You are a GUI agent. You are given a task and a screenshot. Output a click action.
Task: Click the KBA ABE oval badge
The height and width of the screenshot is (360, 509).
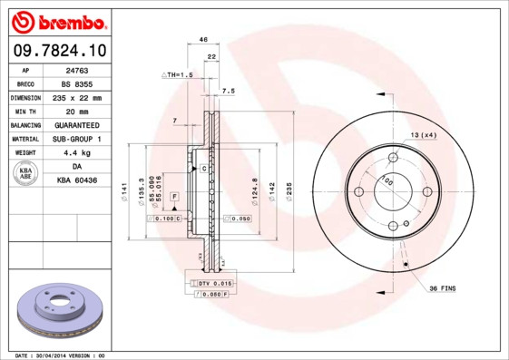point(27,174)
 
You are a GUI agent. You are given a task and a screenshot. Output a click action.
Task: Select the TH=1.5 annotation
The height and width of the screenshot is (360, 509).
point(179,74)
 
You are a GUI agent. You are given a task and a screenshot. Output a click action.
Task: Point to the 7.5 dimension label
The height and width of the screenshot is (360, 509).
point(229,92)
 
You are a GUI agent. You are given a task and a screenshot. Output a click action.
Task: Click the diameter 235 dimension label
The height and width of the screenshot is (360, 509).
point(289,190)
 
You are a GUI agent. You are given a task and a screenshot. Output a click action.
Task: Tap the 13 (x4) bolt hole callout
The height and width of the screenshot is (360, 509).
point(424,135)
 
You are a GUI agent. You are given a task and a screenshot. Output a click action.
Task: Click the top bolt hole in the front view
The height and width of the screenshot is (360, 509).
point(393,157)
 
